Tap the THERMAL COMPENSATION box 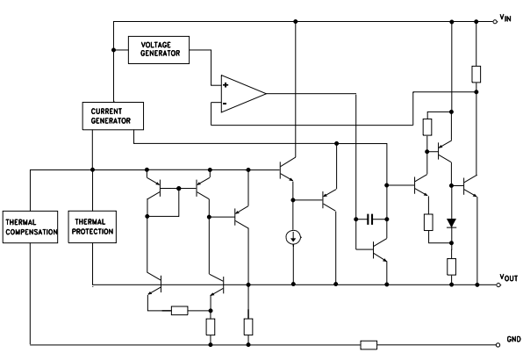point(29,227)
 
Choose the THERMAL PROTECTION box point(92,227)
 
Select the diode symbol point(450,223)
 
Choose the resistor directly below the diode point(450,265)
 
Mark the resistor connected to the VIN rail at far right point(476,73)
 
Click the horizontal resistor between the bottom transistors point(180,310)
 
